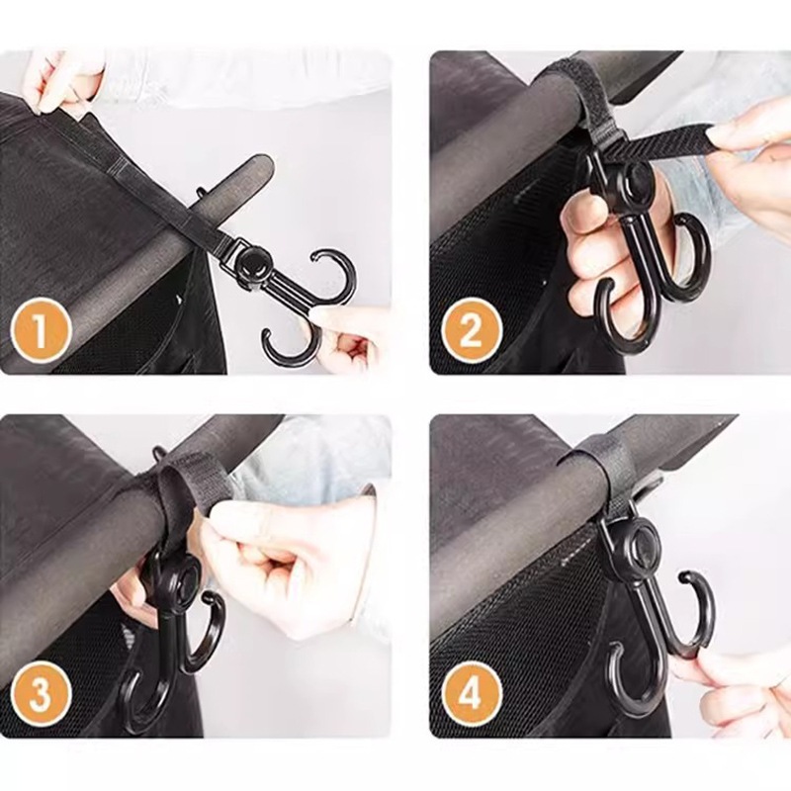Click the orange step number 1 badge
40,331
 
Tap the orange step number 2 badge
472,331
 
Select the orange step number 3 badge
40,695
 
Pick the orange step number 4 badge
472,695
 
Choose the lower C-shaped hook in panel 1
288,353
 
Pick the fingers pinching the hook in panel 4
737,691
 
